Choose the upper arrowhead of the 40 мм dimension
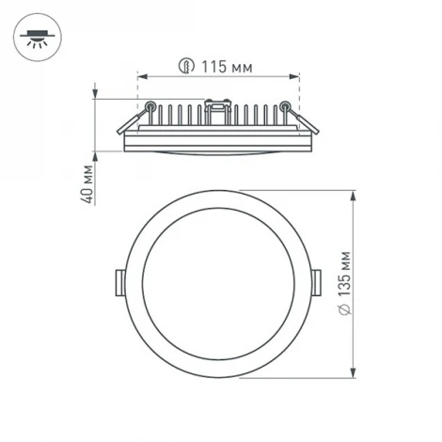coord(97,92)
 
